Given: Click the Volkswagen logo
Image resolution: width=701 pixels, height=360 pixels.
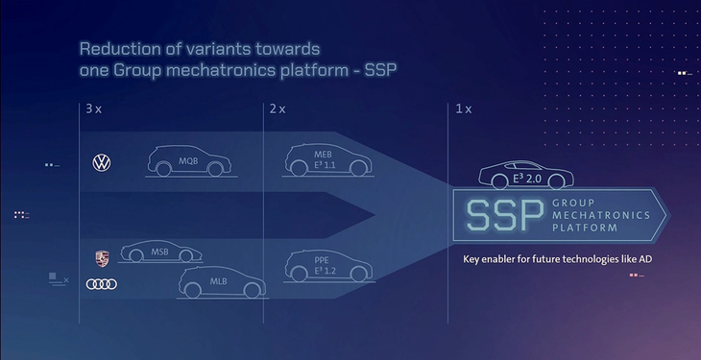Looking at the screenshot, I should coord(101,164).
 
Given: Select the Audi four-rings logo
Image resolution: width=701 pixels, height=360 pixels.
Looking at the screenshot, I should coord(101,284).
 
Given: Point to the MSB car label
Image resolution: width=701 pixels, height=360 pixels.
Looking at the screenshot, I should coord(159,252).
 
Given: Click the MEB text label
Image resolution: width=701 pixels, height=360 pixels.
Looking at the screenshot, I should coord(324,153).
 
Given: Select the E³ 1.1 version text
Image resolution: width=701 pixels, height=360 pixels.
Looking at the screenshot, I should coord(324,165).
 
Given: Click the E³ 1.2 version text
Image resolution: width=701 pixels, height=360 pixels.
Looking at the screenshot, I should coord(324,271).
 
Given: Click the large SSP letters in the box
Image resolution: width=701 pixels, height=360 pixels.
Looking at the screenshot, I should coord(503,216).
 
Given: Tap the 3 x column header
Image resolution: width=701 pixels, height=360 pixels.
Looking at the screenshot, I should coord(93,109).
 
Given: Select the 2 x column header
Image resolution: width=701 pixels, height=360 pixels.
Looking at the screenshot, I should coord(278,109).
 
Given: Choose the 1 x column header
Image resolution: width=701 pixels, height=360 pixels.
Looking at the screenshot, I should coord(463,109).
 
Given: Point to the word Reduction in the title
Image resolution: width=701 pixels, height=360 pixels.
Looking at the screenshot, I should coord(117,49).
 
